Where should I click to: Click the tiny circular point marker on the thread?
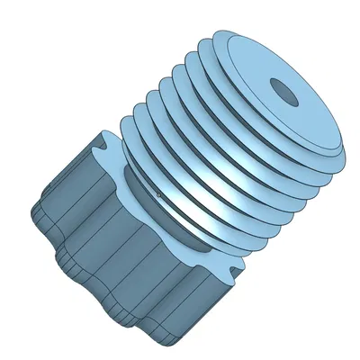[159, 193]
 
